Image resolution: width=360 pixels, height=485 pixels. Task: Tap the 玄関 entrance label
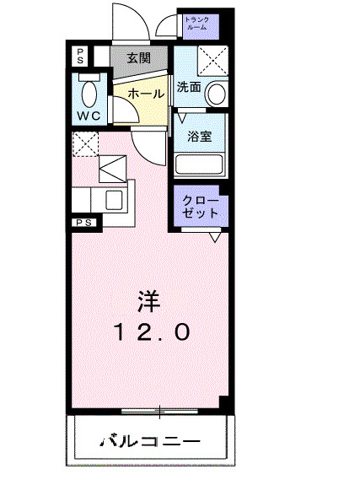click(x=140, y=58)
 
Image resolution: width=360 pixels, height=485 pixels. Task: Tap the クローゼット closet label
click(x=201, y=207)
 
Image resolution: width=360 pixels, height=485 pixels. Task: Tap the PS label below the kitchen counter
click(x=84, y=223)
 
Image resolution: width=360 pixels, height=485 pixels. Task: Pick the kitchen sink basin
click(x=111, y=200)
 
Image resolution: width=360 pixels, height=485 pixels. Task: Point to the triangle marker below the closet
click(x=215, y=239)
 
